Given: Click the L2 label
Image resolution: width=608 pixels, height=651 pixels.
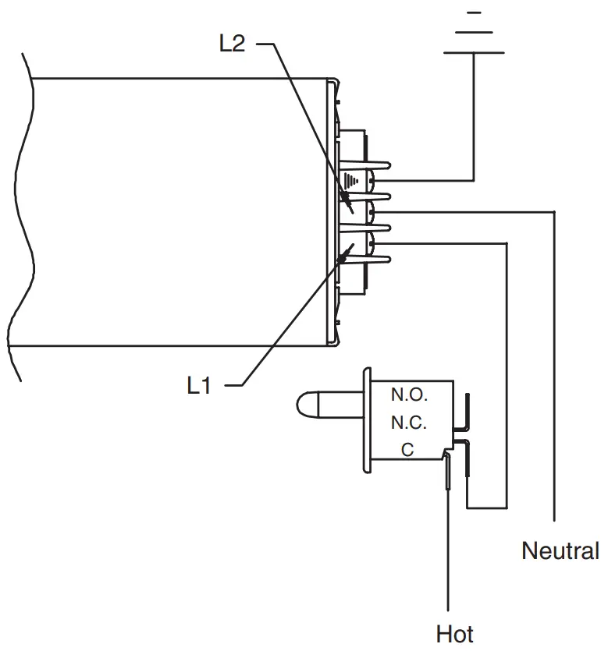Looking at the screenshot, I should (x=232, y=44).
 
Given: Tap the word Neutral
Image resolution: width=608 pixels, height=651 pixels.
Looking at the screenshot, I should (x=560, y=551).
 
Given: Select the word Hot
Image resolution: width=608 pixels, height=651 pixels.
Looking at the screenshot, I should (x=454, y=632).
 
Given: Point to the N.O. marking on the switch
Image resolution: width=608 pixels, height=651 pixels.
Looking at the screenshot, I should (x=409, y=395).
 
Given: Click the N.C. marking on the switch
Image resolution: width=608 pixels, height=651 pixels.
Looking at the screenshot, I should (x=409, y=423).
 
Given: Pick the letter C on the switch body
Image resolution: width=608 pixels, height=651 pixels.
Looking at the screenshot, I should (x=407, y=450).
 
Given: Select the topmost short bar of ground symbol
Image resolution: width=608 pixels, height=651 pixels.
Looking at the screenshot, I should (x=473, y=12).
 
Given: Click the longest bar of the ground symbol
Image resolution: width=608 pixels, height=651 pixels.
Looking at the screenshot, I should (x=473, y=52).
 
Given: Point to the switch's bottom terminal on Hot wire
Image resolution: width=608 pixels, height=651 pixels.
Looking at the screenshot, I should (x=448, y=472).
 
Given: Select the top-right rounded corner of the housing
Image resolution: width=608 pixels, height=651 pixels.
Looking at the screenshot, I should (x=333, y=81).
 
